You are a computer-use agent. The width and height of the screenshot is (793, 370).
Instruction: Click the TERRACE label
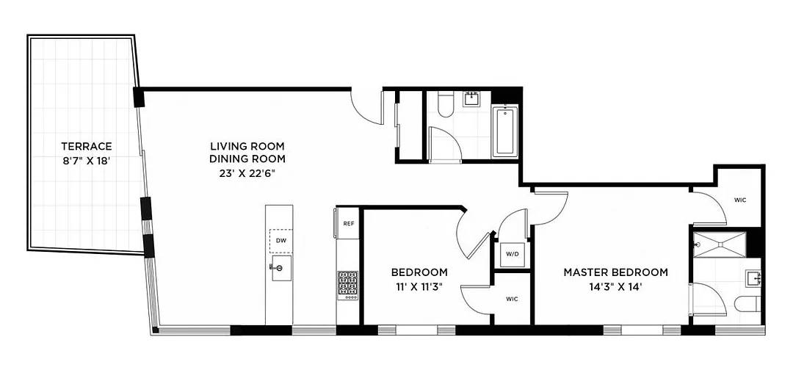click(x=87, y=146)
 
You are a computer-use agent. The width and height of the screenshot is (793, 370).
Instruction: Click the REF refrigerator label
click(x=349, y=225)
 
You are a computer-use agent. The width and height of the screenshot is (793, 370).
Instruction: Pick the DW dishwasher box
click(x=280, y=240)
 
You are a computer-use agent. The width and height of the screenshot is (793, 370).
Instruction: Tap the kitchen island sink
click(x=280, y=268)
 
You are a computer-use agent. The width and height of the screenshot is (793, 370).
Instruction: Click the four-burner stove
click(x=348, y=285)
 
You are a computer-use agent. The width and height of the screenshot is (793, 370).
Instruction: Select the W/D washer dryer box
click(x=511, y=254)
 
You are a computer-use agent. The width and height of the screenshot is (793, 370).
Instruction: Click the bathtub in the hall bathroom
click(x=505, y=132)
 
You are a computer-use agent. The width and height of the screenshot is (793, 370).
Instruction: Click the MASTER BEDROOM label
click(x=615, y=272)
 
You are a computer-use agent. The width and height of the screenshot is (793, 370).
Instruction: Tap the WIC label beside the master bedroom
click(x=740, y=200)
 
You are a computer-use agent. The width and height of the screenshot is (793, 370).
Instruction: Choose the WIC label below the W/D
click(x=512, y=299)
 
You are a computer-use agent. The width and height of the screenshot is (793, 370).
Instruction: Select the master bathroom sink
click(x=753, y=278)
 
